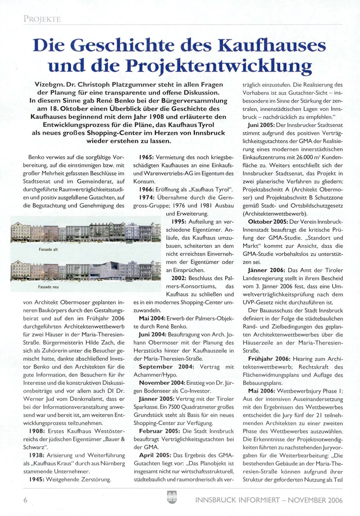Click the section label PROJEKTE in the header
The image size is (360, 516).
(x=42, y=19)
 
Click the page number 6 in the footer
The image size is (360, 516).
(x=25, y=500)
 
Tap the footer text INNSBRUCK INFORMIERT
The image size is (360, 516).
(x=238, y=500)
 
